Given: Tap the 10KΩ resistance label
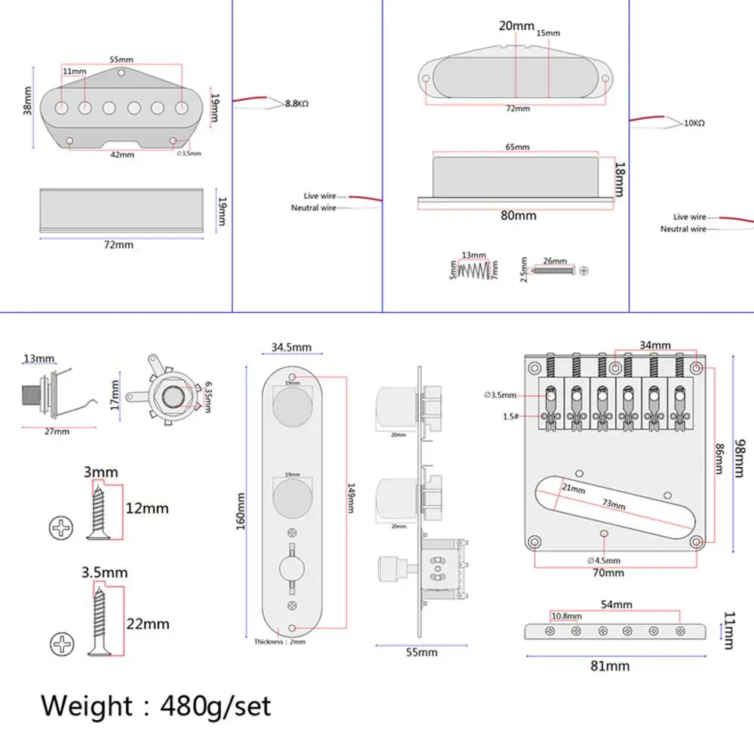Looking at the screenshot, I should [x=693, y=123].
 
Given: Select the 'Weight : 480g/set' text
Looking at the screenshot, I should [x=155, y=706].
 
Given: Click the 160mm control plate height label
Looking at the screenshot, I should [x=241, y=511].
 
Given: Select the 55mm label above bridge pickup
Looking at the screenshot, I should [x=121, y=60].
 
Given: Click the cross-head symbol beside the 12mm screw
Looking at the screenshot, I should [x=61, y=528].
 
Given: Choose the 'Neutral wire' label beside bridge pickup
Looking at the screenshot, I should [x=314, y=208].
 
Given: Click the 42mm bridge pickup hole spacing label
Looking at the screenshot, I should [x=122, y=155].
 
